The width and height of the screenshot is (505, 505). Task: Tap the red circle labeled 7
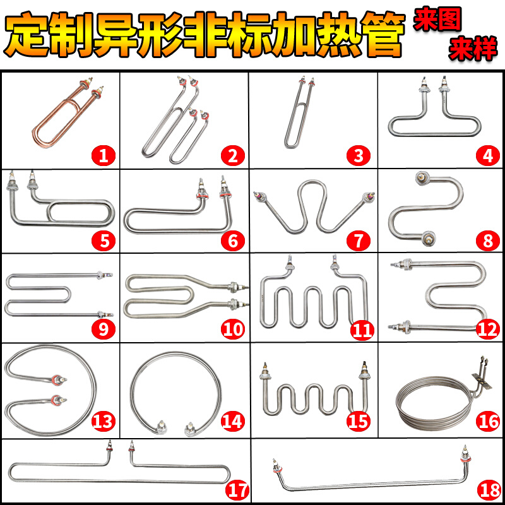[x=359, y=241]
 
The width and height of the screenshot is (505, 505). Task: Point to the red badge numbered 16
[x=489, y=421]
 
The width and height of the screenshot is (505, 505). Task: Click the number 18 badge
[x=488, y=489]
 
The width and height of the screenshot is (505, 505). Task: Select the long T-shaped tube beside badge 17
[x=120, y=470]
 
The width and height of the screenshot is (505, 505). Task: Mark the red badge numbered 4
[x=488, y=155]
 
